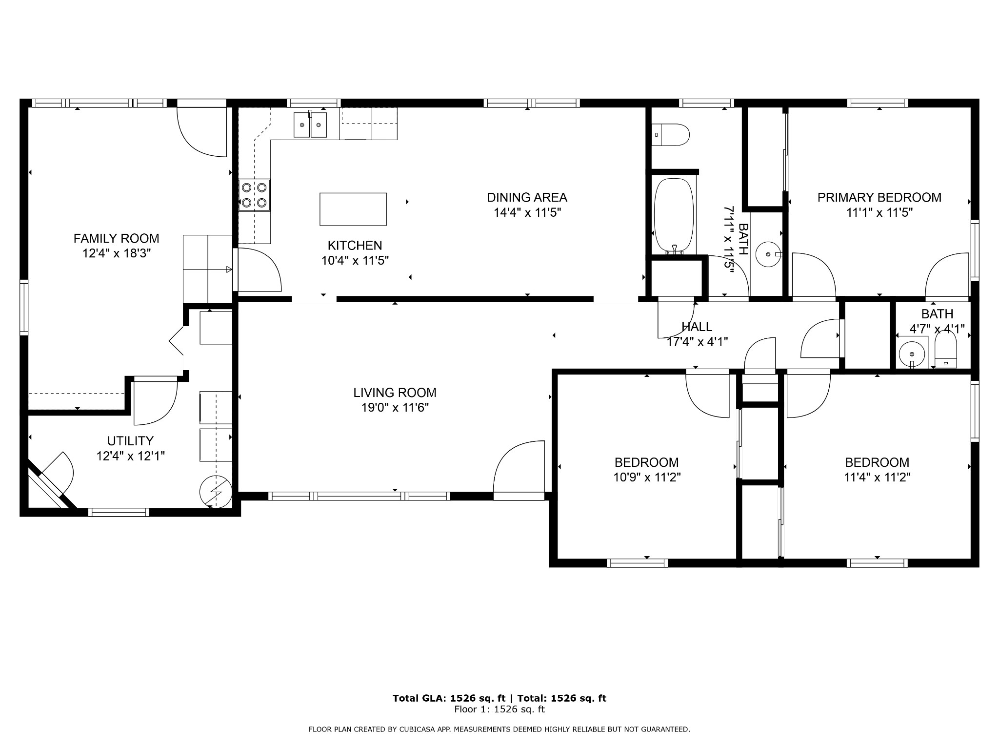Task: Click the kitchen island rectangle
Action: pyautogui.click(x=353, y=209)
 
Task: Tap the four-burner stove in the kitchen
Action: pyautogui.click(x=254, y=195)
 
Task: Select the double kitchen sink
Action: pyautogui.click(x=310, y=125)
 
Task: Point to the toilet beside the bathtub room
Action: pyautogui.click(x=671, y=134)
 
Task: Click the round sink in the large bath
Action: pyautogui.click(x=768, y=254)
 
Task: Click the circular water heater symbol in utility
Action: pyautogui.click(x=216, y=490)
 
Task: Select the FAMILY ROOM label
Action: pyautogui.click(x=116, y=238)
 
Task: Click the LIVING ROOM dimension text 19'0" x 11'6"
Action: pyautogui.click(x=395, y=407)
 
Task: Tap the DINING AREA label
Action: pyautogui.click(x=527, y=197)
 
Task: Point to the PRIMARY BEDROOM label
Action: pyautogui.click(x=879, y=197)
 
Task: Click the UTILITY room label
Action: pyautogui.click(x=130, y=441)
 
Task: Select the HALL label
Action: pyautogui.click(x=697, y=327)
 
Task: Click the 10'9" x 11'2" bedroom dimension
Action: pyautogui.click(x=647, y=477)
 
